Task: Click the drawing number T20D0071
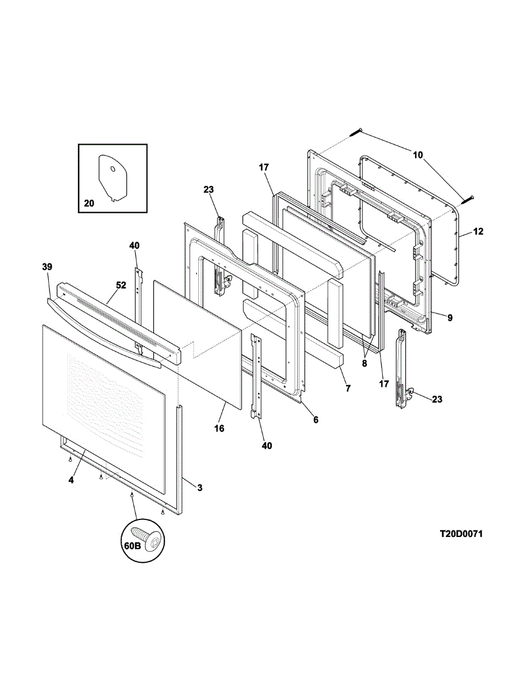tap(462, 534)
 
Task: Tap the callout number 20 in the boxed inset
tap(89, 204)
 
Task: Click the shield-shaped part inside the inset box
tap(113, 177)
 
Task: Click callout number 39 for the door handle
tap(47, 266)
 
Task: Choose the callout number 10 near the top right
tap(417, 154)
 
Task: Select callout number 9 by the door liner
tap(450, 318)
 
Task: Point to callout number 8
tap(365, 364)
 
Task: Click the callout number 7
tap(348, 388)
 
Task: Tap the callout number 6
tap(315, 420)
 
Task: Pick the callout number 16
tap(219, 428)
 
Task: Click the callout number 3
tap(199, 487)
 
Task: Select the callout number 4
tap(71, 480)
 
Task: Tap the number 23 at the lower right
tap(437, 399)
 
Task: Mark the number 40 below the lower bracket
tap(266, 446)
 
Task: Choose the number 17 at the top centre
tap(264, 167)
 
